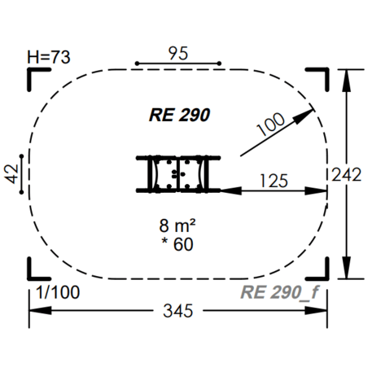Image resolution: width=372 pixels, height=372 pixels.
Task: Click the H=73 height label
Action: (x=49, y=57)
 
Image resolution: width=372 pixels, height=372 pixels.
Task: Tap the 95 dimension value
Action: (x=178, y=53)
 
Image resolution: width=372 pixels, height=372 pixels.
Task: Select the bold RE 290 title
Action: (x=179, y=115)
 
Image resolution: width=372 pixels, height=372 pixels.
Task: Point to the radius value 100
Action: (x=270, y=125)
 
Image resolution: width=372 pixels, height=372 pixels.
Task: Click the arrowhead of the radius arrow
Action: (x=304, y=116)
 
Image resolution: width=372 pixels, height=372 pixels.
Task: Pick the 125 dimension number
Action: (x=274, y=181)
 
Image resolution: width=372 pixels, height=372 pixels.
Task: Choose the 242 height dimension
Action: (x=347, y=174)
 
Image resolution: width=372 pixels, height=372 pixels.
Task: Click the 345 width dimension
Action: (x=178, y=311)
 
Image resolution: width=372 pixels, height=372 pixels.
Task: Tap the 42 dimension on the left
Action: (x=11, y=174)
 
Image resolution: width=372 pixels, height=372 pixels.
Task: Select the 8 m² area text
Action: (x=177, y=225)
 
